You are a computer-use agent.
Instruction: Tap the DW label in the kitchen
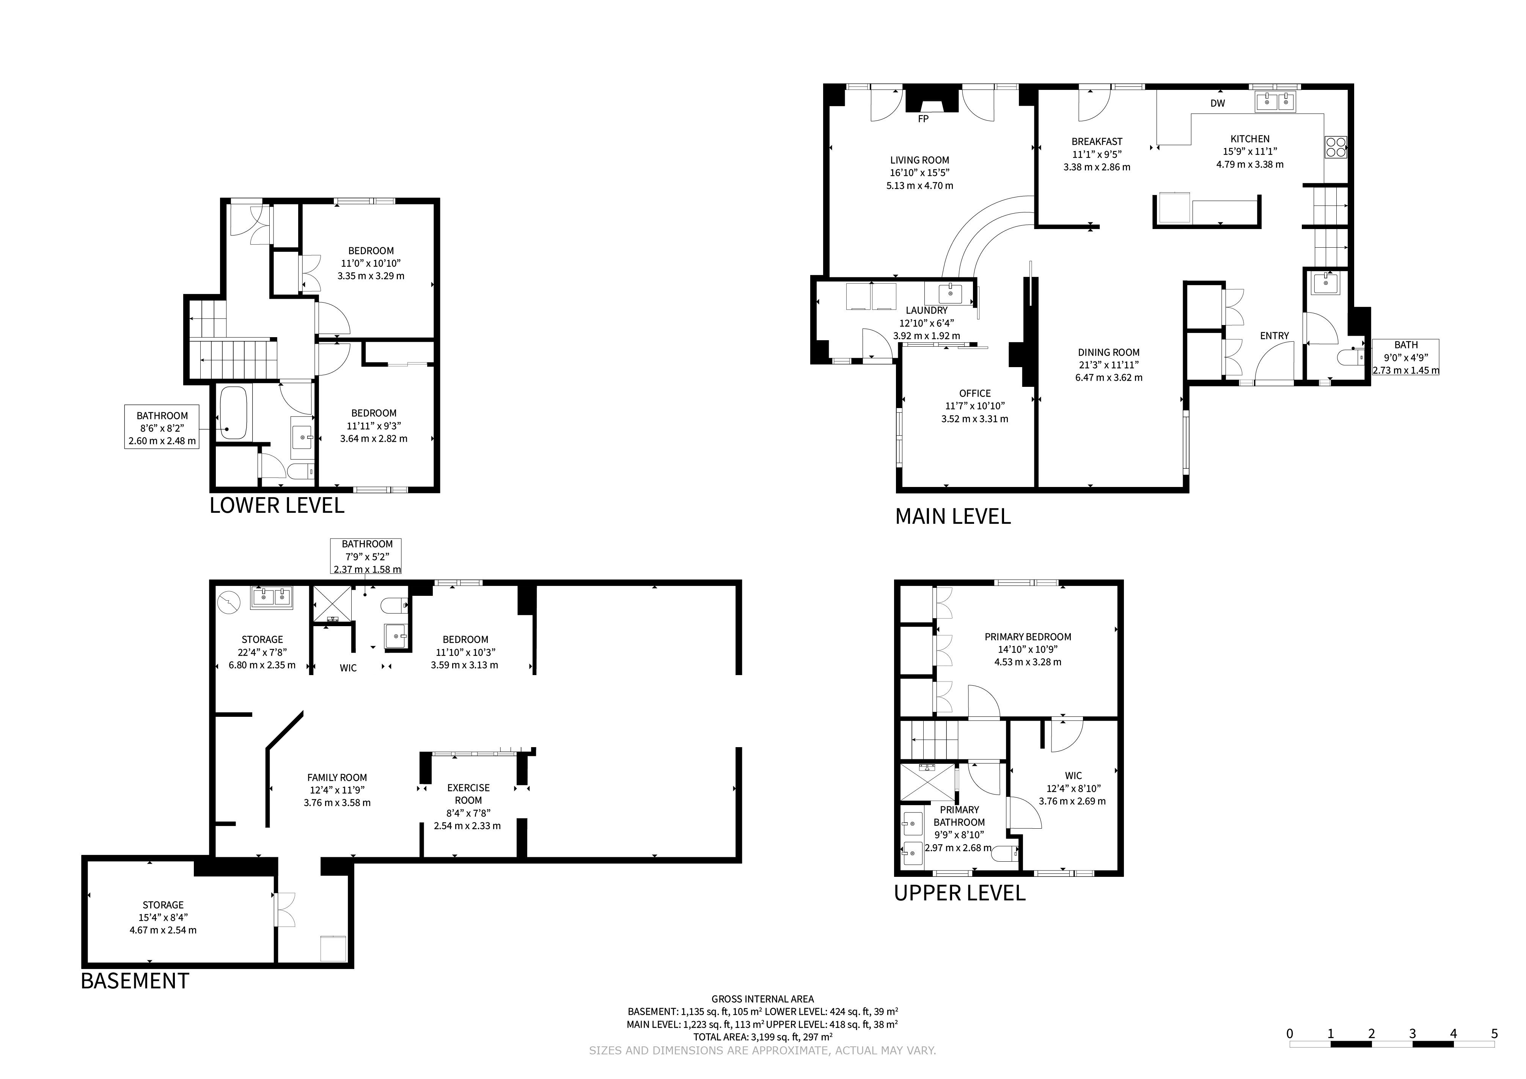pyautogui.click(x=1218, y=103)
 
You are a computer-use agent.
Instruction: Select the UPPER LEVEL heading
pyautogui.click(x=960, y=892)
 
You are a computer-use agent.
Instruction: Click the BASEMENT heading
pyautogui.click(x=135, y=981)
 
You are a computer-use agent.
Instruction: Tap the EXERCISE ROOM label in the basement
pyautogui.click(x=468, y=794)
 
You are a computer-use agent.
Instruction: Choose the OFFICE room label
pyautogui.click(x=975, y=393)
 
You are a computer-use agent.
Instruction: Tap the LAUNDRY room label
pyautogui.click(x=927, y=310)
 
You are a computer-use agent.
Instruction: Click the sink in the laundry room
pyautogui.click(x=951, y=292)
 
